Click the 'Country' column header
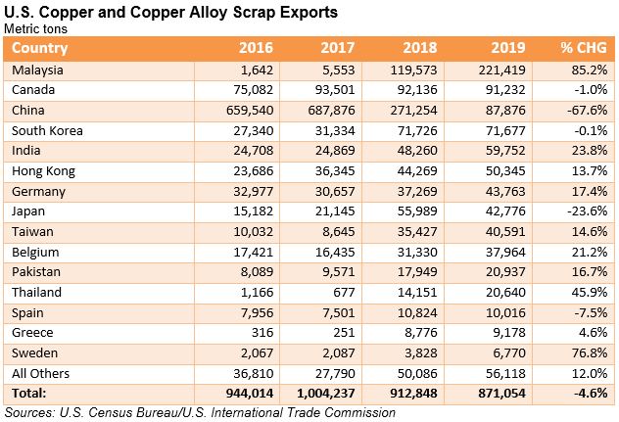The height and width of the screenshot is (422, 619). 40,49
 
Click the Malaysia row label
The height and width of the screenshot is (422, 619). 40,70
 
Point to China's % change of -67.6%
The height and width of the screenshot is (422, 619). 587,111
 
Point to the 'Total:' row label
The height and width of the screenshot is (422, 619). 30,393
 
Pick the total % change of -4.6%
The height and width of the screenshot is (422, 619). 591,393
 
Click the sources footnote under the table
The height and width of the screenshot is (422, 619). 200,412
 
